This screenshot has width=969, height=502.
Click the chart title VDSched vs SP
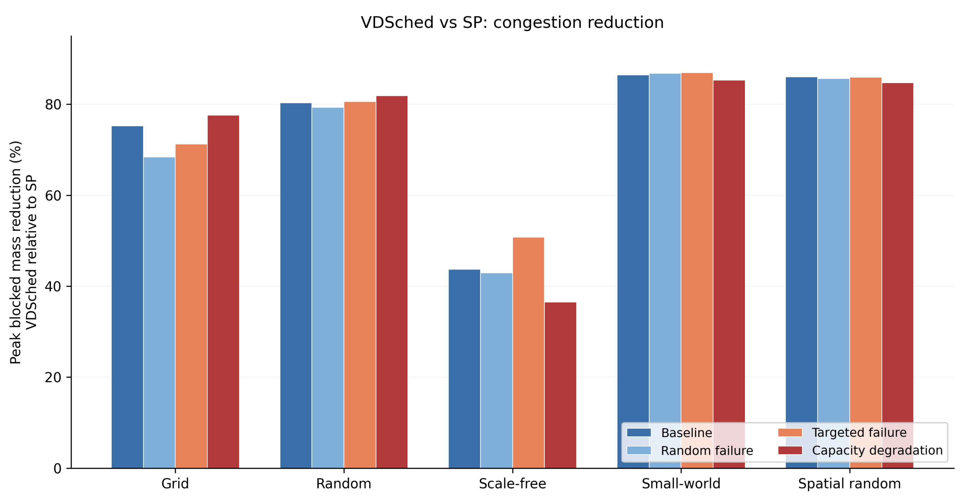pos(512,23)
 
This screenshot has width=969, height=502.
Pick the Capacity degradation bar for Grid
pos(223,292)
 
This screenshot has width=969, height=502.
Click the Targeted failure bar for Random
pos(360,285)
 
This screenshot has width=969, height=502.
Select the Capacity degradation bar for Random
pos(392,282)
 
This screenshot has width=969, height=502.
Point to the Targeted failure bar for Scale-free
pos(528,353)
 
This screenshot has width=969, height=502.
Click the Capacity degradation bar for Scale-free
pos(560,385)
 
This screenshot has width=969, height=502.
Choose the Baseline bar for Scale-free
pos(464,369)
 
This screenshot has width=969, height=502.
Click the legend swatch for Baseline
pos(639,433)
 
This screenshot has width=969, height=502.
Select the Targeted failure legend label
pos(859,433)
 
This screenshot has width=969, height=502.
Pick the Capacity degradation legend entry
pos(861,451)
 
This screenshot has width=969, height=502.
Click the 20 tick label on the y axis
pos(53,377)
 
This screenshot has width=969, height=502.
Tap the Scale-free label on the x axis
pos(512,484)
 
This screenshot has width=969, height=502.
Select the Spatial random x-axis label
pos(849,484)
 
